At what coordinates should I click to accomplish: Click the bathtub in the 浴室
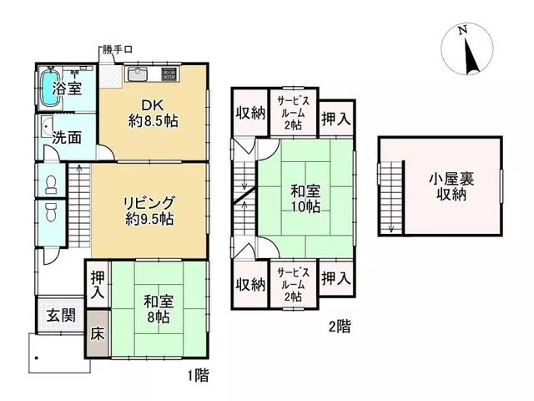[50, 88]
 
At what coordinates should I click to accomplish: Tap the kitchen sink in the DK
[137, 74]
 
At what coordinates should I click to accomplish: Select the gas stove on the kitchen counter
[169, 74]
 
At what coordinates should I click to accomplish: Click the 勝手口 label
[117, 50]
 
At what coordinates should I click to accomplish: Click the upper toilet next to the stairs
[51, 185]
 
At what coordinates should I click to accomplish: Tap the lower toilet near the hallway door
[51, 212]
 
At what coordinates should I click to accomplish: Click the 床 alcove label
[98, 334]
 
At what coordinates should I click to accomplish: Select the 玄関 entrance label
[61, 316]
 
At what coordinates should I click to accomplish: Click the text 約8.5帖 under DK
[153, 120]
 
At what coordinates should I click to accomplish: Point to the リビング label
[149, 202]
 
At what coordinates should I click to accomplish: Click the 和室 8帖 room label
[159, 309]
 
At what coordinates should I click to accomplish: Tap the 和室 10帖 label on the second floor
[305, 199]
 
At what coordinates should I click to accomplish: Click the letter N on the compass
[462, 31]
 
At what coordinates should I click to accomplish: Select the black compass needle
[471, 56]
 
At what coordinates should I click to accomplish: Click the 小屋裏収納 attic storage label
[451, 186]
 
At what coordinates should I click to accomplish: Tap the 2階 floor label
[340, 327]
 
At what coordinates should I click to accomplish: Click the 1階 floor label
[199, 376]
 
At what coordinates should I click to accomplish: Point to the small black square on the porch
[36, 358]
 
